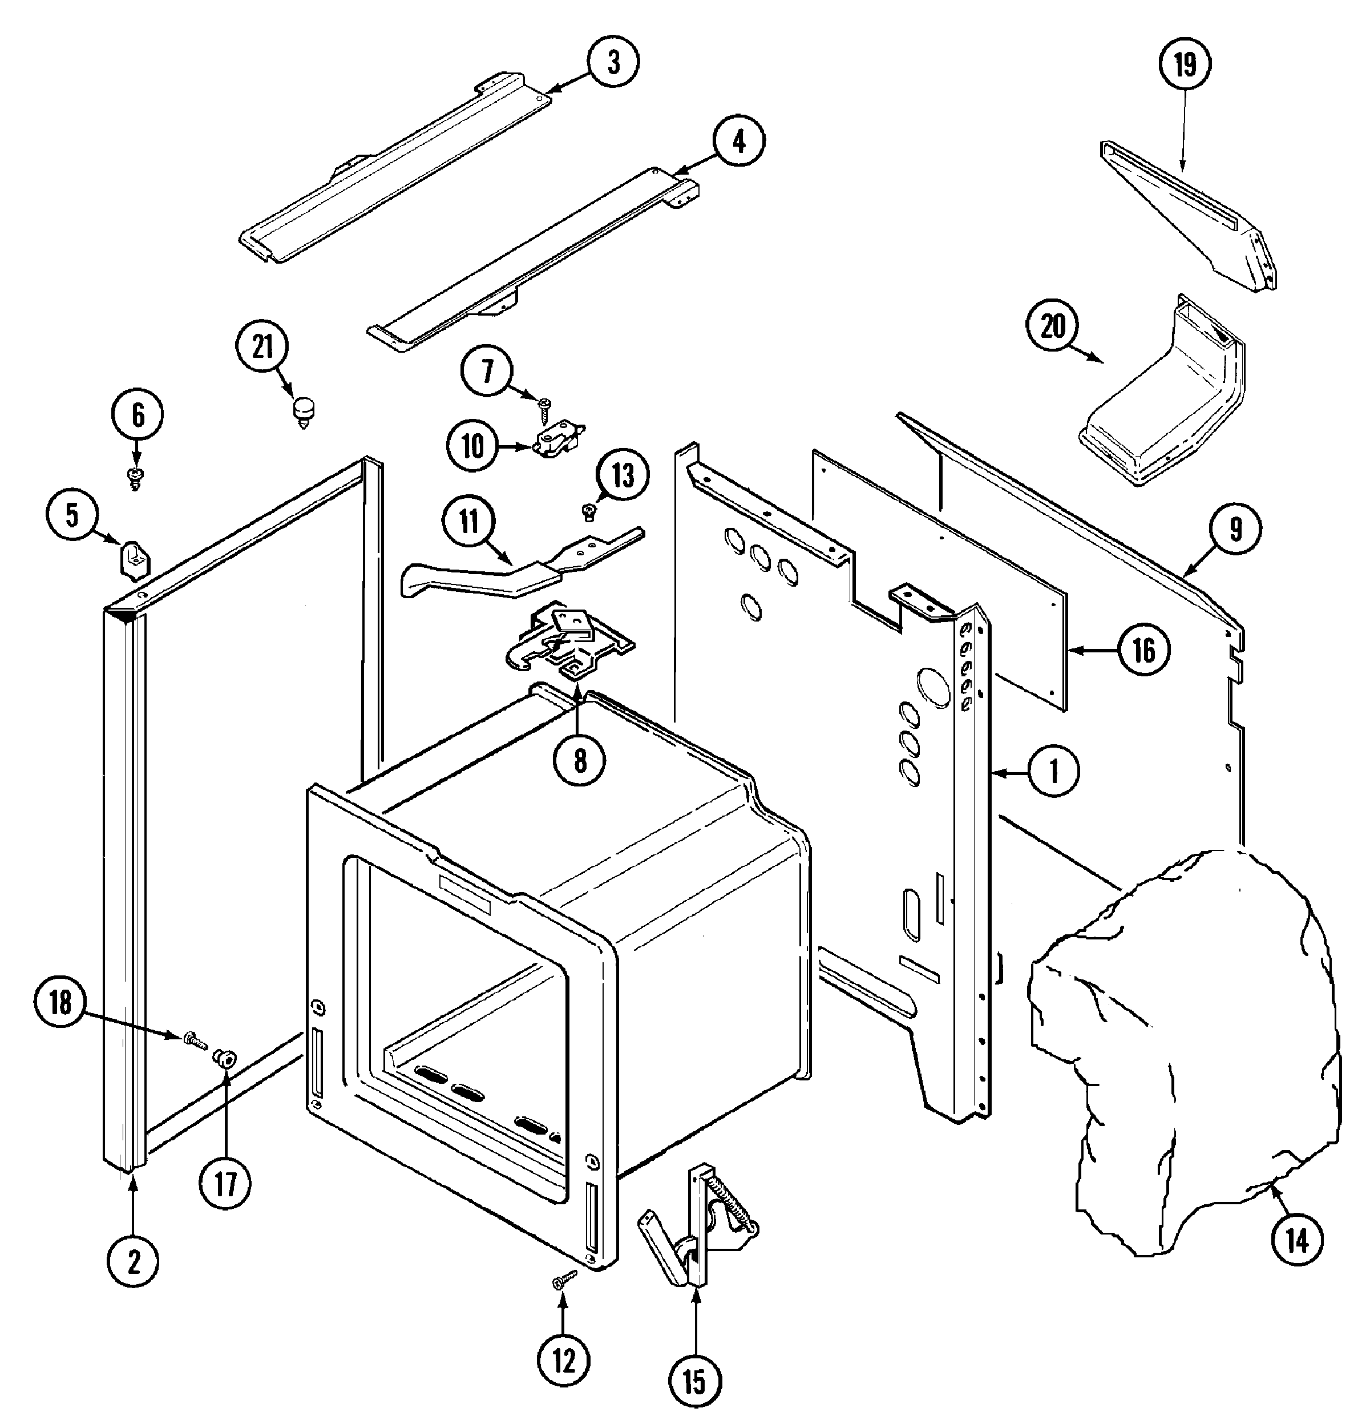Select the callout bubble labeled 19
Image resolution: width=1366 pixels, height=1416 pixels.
[1185, 65]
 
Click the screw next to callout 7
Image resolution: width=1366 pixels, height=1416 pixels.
[543, 408]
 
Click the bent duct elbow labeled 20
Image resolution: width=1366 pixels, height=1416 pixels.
[1163, 401]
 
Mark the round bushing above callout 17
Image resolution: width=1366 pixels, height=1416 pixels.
[226, 1059]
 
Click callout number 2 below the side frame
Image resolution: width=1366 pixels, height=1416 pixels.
[134, 1261]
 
